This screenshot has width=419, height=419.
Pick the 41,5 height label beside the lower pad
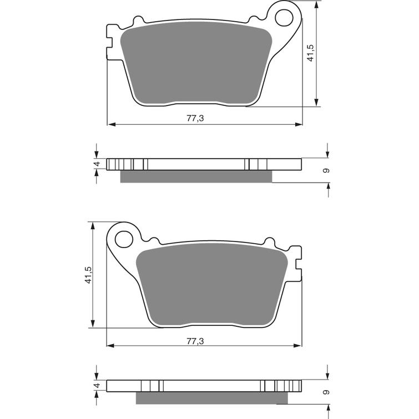[88, 275]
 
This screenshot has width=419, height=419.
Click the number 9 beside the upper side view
[327, 170]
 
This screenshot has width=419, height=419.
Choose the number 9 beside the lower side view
[327, 392]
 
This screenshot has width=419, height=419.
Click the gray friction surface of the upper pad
[197, 64]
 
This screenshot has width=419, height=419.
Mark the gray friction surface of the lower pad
[214, 286]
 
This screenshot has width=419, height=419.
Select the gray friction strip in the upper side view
[196, 176]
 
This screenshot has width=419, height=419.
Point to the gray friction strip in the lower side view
[212, 397]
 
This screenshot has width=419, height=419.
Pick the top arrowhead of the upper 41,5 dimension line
[316, 4]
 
